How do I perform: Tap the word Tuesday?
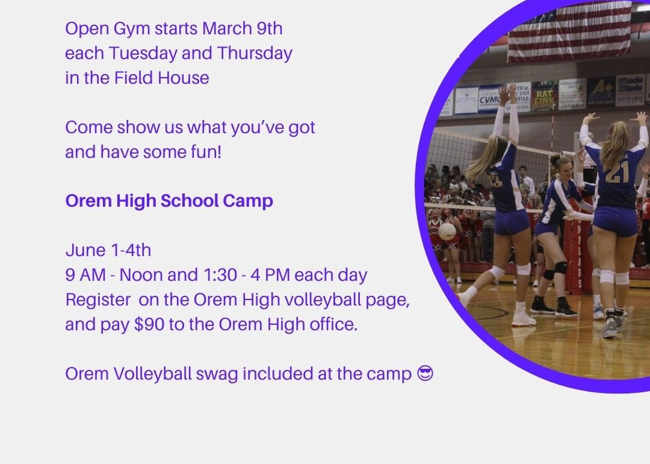click(x=143, y=54)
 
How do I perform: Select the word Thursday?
click(x=255, y=54)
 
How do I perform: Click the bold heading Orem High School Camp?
click(x=169, y=201)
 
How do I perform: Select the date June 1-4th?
click(x=108, y=250)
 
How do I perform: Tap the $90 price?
click(x=149, y=325)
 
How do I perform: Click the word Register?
click(x=98, y=300)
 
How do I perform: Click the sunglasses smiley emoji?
click(x=425, y=373)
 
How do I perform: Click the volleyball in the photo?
click(x=447, y=231)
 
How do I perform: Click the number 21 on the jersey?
click(x=617, y=171)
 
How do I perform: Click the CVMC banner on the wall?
click(x=489, y=99)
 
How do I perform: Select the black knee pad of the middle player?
click(x=560, y=268)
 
